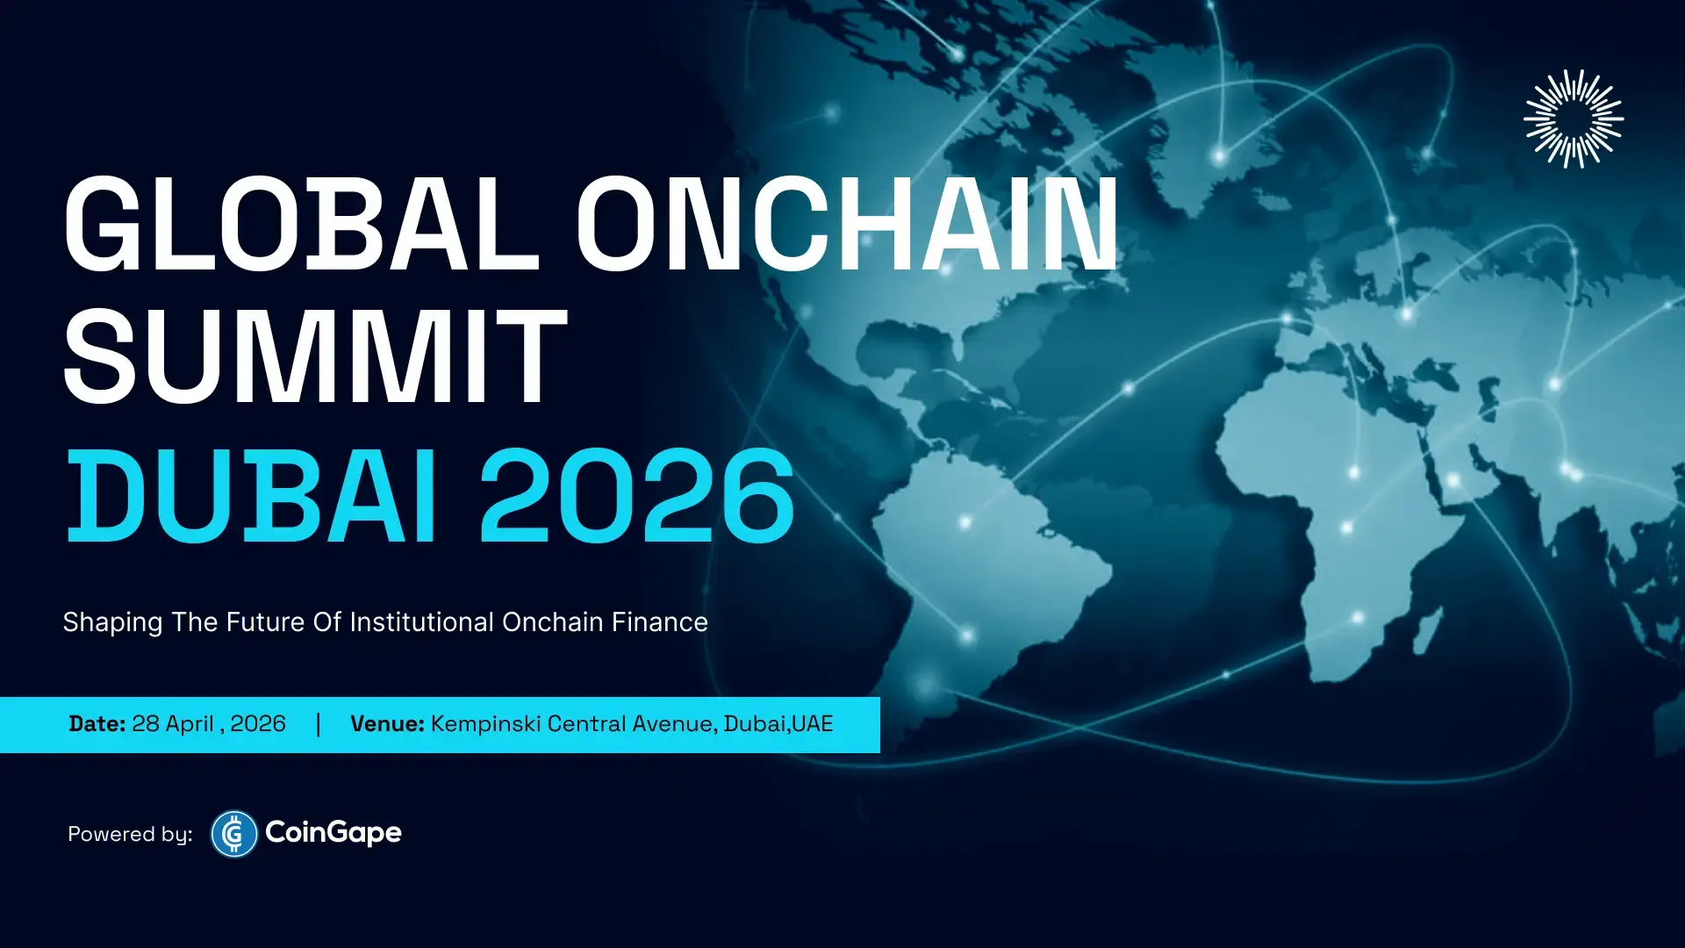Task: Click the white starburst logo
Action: click(x=1573, y=118)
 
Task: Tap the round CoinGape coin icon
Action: click(x=233, y=833)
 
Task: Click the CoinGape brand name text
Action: click(x=333, y=832)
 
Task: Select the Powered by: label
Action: click(x=130, y=834)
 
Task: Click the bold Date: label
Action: click(x=97, y=724)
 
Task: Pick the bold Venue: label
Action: click(x=387, y=724)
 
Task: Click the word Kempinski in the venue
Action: click(x=485, y=724)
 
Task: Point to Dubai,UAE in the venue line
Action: click(x=778, y=724)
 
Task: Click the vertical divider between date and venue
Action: click(x=318, y=724)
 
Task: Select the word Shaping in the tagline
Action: click(x=112, y=622)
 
